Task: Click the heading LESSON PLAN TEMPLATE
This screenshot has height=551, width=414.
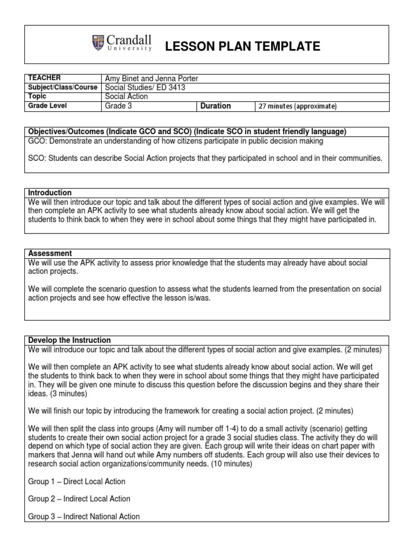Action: click(242, 47)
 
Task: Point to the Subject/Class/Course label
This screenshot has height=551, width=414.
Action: click(63, 87)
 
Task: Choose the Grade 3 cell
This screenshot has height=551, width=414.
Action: click(118, 106)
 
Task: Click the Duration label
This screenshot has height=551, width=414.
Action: click(216, 106)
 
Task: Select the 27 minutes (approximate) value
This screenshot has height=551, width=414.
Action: click(298, 107)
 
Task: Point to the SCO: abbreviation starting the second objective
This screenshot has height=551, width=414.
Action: click(36, 158)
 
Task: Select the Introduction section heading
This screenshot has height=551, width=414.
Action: click(49, 193)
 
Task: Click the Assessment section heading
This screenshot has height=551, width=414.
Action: click(49, 253)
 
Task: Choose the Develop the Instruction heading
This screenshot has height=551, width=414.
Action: click(69, 340)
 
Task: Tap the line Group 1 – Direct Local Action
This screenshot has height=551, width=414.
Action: click(76, 481)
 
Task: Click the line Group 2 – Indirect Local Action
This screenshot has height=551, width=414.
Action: click(79, 499)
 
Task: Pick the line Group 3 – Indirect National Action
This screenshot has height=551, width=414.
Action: click(84, 517)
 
